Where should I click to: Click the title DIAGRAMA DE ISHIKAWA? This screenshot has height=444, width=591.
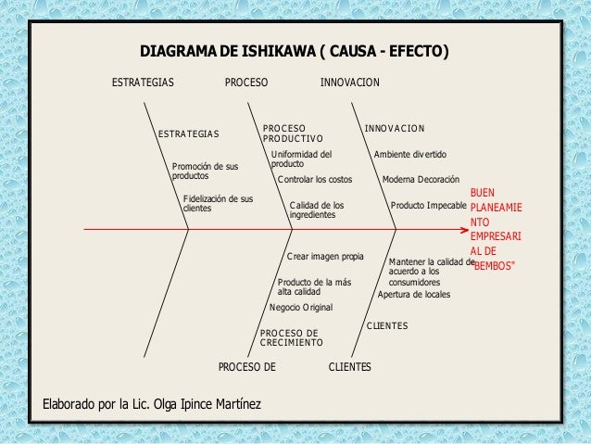pyautogui.click(x=294, y=50)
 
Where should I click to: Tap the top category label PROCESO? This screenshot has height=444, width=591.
pyautogui.click(x=246, y=83)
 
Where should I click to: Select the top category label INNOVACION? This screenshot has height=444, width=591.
pyautogui.click(x=349, y=83)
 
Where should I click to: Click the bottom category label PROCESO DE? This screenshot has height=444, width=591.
pyautogui.click(x=246, y=368)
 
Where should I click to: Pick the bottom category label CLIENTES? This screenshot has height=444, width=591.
pyautogui.click(x=350, y=368)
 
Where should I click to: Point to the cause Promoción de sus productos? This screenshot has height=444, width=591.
pyautogui.click(x=205, y=171)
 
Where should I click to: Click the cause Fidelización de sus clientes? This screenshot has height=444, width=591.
pyautogui.click(x=218, y=204)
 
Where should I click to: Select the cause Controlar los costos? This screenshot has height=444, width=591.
pyautogui.click(x=315, y=179)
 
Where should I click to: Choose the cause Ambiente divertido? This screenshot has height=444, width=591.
pyautogui.click(x=409, y=154)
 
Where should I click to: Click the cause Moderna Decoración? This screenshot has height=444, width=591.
pyautogui.click(x=421, y=179)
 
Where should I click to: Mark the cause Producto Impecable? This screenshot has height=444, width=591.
pyautogui.click(x=429, y=205)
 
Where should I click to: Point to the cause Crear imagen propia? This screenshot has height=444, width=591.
pyautogui.click(x=325, y=256)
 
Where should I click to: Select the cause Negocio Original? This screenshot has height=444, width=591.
pyautogui.click(x=300, y=307)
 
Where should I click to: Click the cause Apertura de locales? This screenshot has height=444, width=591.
pyautogui.click(x=414, y=295)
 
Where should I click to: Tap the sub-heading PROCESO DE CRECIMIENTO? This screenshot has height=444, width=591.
pyautogui.click(x=291, y=337)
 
